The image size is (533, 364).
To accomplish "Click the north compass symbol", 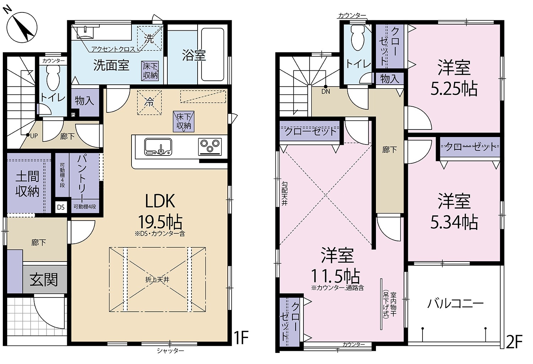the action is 22,27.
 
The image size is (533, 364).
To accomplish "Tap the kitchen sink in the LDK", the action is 158,147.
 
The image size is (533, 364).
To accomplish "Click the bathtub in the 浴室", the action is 212,54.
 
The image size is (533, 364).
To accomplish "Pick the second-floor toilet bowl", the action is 357,38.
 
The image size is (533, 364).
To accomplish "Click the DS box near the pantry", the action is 61,207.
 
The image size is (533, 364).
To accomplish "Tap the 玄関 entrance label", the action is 44,280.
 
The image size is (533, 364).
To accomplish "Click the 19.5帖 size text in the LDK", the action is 160,222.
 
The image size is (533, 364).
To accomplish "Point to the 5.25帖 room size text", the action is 454,89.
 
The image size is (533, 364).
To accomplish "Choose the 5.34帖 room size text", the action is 454,222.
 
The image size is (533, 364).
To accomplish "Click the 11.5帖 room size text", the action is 335,276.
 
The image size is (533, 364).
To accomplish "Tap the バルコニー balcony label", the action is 456,304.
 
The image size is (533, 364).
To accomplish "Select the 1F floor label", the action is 242,338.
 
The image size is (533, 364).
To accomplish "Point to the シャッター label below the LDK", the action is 170,351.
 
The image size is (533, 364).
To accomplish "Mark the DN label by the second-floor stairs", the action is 326,91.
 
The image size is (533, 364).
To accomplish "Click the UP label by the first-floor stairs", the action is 34,136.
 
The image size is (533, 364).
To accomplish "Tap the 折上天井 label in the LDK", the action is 157,280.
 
